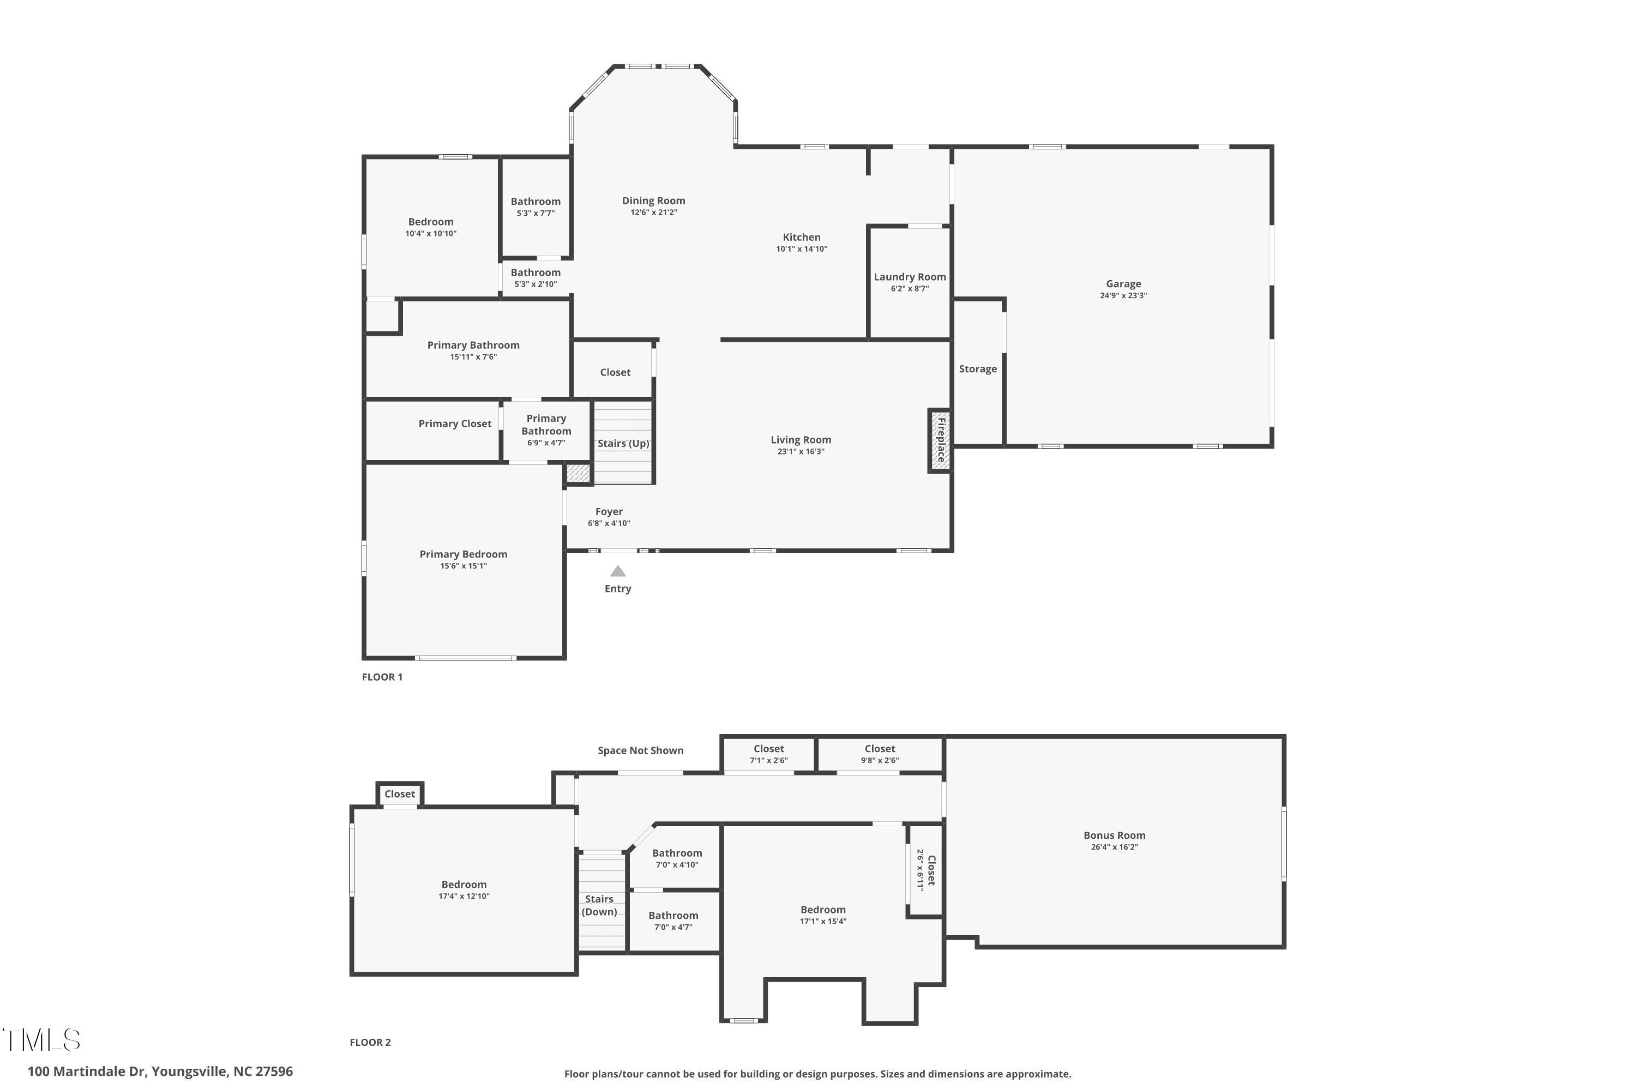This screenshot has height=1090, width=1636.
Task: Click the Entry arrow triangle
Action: pos(618,571)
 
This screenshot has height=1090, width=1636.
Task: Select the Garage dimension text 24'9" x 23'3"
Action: pos(1123,295)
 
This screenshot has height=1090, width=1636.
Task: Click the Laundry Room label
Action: pos(910,277)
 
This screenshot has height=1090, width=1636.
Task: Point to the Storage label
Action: pos(978,369)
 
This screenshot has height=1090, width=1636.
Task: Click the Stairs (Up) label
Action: pos(623,444)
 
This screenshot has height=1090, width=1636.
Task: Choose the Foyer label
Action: pos(609,512)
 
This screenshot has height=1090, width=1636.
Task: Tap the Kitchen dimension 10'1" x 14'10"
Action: pos(802,249)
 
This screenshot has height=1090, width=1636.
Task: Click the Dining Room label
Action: pos(654,201)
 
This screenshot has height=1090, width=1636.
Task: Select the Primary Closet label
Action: pos(455,424)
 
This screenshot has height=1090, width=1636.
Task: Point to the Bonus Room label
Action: pos(1114,835)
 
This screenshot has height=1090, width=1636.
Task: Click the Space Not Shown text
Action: pos(641,751)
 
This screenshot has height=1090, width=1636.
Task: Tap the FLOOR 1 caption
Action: pos(382,677)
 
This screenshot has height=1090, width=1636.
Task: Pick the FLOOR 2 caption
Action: pos(370,1043)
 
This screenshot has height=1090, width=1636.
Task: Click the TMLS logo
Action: pos(42,1040)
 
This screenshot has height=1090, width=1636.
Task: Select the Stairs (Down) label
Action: pos(599,906)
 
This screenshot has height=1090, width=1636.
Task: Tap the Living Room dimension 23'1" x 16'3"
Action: pos(801,452)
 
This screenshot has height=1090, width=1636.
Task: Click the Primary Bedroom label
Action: pos(463,555)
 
